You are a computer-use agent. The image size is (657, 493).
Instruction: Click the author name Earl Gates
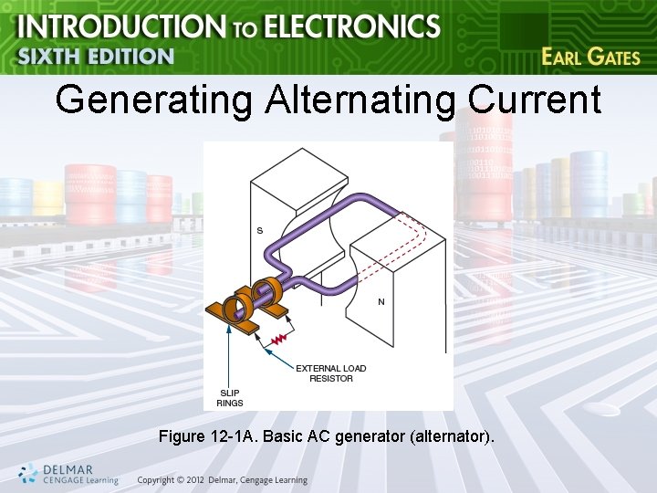click(590, 57)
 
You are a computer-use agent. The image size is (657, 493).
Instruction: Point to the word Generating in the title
click(152, 100)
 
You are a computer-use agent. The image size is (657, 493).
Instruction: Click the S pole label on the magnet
click(259, 230)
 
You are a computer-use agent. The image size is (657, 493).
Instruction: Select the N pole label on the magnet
click(381, 302)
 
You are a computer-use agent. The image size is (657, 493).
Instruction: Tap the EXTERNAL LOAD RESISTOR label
click(330, 373)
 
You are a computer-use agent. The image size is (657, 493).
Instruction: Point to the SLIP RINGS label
click(230, 397)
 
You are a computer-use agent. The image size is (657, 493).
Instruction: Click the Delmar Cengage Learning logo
click(68, 474)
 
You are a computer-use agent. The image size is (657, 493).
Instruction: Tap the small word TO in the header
click(244, 29)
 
